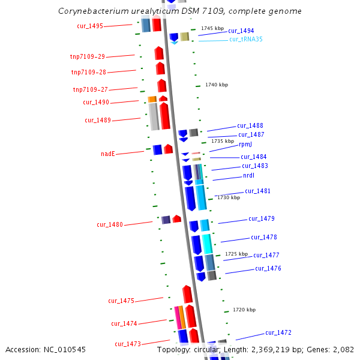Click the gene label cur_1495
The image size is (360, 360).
[90, 26]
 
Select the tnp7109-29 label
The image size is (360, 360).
[88, 57]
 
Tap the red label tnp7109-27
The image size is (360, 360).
[91, 90]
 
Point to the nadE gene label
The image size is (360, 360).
[107, 154]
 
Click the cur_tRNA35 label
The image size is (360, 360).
[246, 40]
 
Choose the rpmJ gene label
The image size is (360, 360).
[245, 145]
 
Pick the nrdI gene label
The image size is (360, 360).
[249, 176]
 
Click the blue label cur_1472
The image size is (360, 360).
[278, 332]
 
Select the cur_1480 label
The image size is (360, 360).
[110, 225]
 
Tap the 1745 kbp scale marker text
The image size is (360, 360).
[213, 28]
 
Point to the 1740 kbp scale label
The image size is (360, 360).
[217, 85]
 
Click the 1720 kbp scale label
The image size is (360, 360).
[244, 310]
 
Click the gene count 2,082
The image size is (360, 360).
[344, 349]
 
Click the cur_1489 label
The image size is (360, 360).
[98, 120]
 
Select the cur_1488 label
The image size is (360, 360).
[250, 126]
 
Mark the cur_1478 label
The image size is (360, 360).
[264, 238]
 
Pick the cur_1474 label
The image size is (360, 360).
[124, 324]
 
